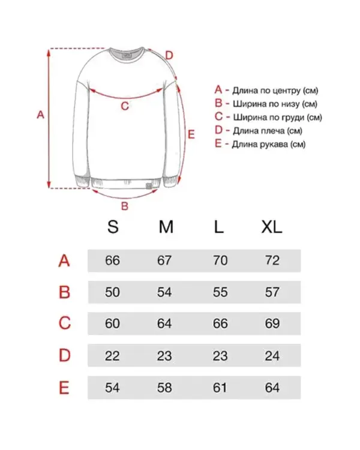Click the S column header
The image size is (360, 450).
(113, 227)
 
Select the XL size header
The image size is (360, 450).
(272, 227)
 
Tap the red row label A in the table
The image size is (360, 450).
(64, 261)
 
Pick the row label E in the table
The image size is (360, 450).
(64, 388)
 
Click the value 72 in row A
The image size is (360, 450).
(272, 261)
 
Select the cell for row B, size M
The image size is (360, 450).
(164, 293)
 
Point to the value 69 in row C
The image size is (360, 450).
(272, 324)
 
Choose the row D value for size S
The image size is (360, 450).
(112, 356)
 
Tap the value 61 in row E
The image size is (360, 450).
(220, 388)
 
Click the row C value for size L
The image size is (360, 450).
(220, 324)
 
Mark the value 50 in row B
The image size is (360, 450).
(112, 293)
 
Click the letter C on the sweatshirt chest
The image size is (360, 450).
(125, 106)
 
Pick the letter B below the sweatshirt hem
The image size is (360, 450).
(125, 206)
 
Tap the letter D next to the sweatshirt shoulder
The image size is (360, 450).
(169, 55)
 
